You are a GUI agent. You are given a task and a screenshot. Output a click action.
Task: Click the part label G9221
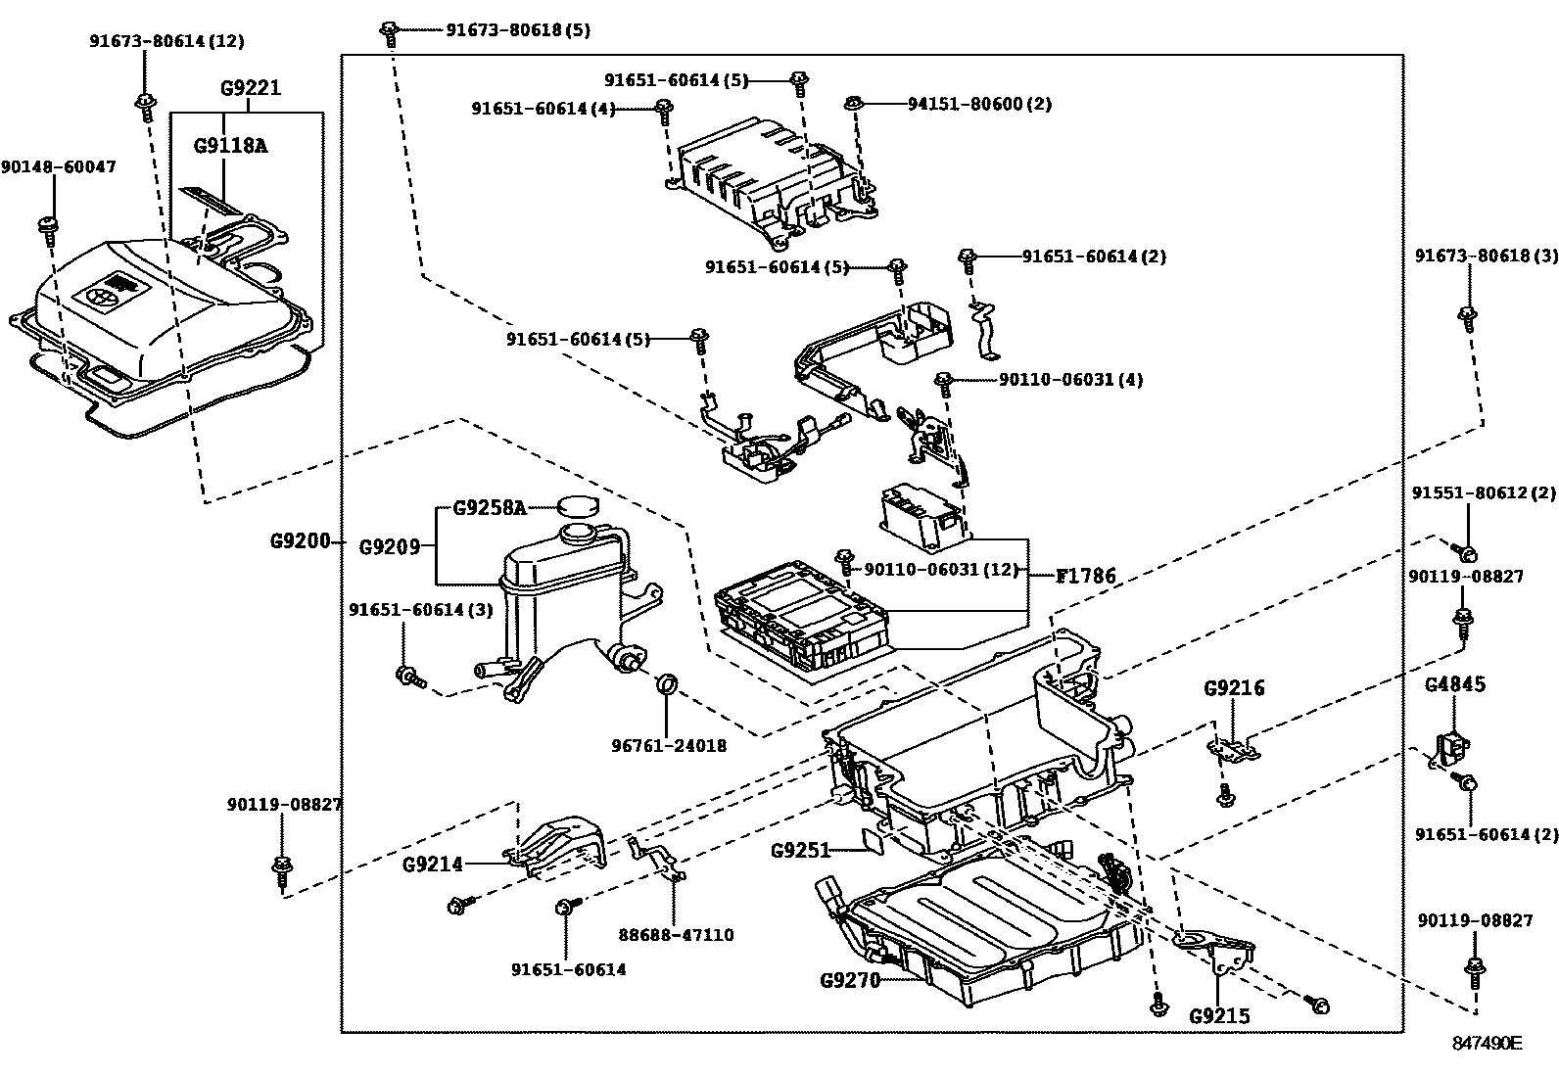coord(251,88)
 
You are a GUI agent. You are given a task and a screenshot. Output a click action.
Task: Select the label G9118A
coord(230,146)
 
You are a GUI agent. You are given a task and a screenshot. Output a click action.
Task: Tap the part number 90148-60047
coord(59,167)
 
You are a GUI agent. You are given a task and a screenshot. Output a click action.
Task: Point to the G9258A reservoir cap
coord(578,506)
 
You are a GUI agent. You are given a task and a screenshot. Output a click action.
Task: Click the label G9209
coord(389,546)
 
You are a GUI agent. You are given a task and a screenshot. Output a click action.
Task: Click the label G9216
coord(1234,688)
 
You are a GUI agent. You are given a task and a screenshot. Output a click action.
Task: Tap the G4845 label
coord(1454,683)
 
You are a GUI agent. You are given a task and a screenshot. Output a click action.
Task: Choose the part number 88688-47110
coord(676,935)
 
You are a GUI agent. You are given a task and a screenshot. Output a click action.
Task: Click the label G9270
coord(850,979)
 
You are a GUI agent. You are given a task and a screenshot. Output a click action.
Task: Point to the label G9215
coord(1219,1016)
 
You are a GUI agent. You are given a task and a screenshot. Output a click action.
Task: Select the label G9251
coord(800,850)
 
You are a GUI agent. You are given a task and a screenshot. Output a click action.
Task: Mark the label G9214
coord(432,865)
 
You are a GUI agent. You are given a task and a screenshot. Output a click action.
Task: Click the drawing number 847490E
coord(1487,1044)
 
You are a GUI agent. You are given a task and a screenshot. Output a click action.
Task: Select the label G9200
coord(300,540)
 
